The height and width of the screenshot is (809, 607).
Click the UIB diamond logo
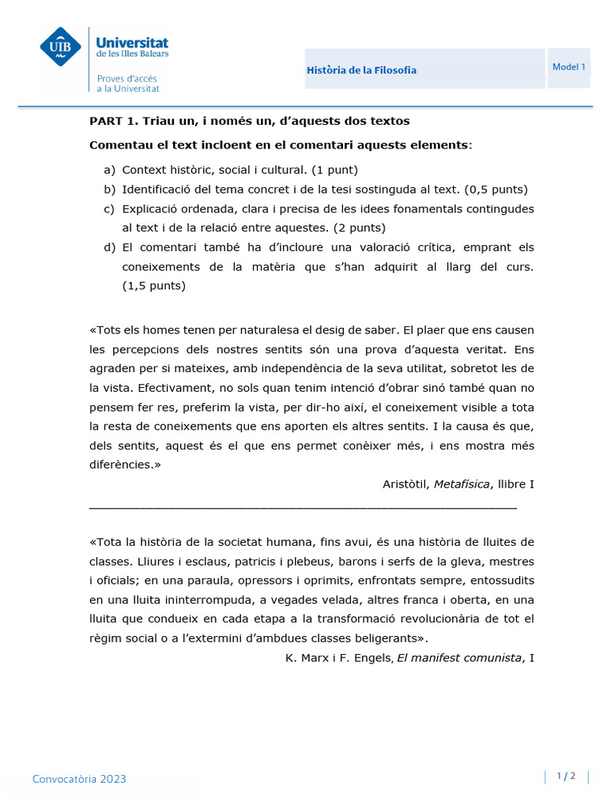[x=61, y=47]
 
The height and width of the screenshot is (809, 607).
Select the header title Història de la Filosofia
[x=361, y=70]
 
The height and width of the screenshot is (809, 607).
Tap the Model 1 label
[x=568, y=67]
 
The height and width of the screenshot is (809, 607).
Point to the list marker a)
[x=109, y=170]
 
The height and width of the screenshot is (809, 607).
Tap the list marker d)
[x=109, y=247]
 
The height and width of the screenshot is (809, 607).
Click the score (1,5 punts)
[x=153, y=286]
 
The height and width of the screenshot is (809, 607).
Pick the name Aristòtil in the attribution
[x=405, y=484]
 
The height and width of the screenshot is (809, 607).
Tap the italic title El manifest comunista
[x=458, y=657]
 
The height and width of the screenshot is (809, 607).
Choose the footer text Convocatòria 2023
[x=79, y=779]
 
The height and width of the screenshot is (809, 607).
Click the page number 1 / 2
[x=565, y=777]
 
